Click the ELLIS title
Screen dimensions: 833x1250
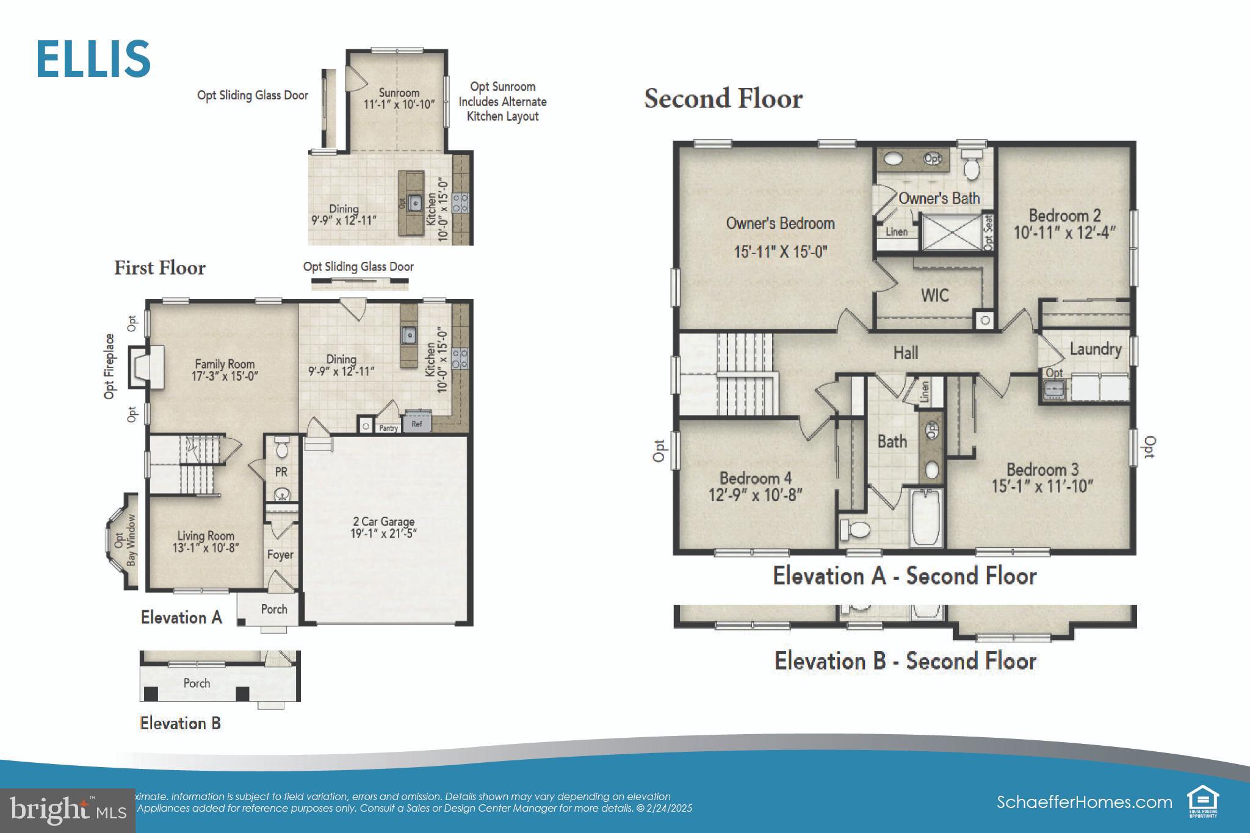tap(93, 59)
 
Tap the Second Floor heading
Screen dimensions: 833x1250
tap(723, 99)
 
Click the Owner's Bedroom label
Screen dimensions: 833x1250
tap(780, 223)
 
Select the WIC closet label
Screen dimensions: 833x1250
tap(934, 295)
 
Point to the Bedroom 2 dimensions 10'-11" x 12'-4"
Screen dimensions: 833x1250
tap(1064, 233)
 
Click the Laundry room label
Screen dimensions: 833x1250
tap(1095, 349)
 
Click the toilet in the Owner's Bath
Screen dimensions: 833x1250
tap(970, 165)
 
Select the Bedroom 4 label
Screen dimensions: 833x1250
tap(755, 478)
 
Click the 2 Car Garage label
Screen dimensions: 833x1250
tap(384, 522)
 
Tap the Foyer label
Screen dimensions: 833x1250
tap(280, 555)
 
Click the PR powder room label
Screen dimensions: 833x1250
tap(281, 472)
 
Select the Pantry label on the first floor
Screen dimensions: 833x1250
tap(388, 428)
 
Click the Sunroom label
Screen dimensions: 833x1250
tap(399, 93)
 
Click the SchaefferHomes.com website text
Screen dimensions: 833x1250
tap(1084, 802)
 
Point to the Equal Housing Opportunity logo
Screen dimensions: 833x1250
tap(1202, 802)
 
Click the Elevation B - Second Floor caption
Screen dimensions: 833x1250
tap(905, 661)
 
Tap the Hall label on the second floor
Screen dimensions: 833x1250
tap(905, 353)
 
